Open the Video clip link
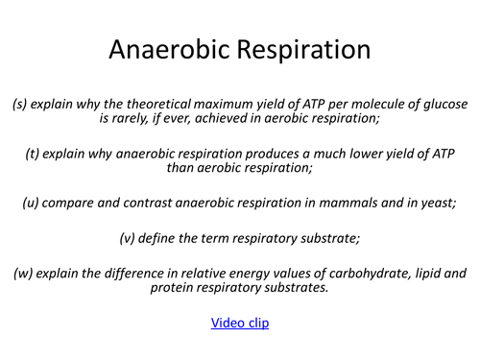click(240, 323)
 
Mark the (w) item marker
click(24, 274)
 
